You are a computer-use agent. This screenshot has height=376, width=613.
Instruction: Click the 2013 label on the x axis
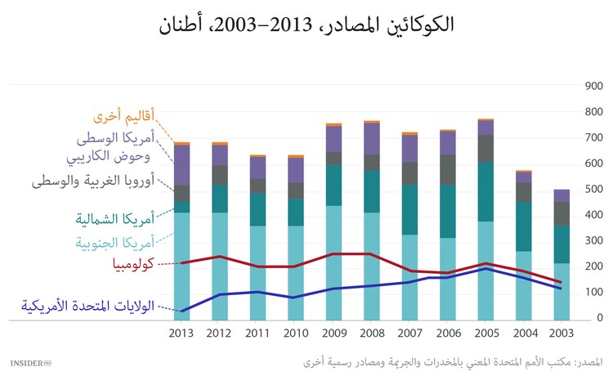[182, 333]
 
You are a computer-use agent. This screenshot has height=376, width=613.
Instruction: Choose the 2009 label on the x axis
[333, 333]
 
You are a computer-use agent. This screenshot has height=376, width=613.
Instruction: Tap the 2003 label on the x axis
[561, 333]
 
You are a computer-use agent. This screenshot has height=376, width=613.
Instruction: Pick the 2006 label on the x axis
[447, 333]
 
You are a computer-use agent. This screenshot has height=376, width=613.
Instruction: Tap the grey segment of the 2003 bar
[561, 213]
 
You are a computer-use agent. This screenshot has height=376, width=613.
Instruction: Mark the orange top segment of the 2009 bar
[333, 125]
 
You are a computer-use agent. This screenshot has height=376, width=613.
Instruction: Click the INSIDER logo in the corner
[29, 360]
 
